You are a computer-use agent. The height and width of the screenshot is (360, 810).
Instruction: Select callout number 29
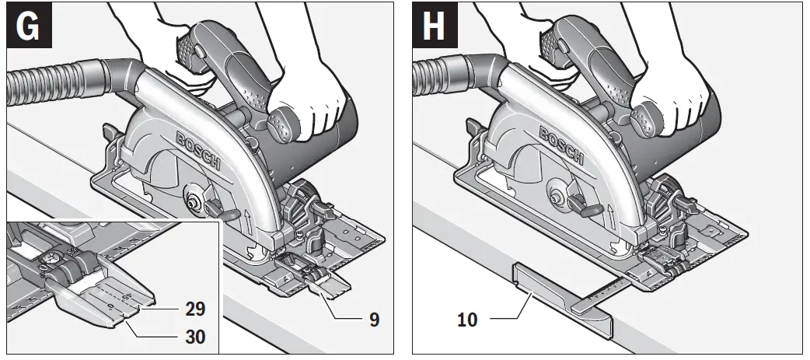click(196, 309)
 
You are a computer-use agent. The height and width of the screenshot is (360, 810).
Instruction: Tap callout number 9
click(374, 320)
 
